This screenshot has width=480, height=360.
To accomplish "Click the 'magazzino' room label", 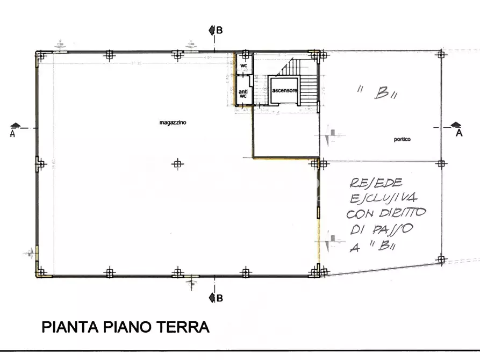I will point(173,123).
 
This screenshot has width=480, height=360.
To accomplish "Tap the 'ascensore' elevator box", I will point(284,90).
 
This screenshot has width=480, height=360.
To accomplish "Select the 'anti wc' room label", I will point(243,93).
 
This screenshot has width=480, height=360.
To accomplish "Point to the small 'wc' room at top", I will point(243,66).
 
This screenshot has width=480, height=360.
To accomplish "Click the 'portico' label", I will point(402,139).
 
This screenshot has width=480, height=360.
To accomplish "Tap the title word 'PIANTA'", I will point(68,327).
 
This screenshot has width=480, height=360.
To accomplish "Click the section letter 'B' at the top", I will point(219,30).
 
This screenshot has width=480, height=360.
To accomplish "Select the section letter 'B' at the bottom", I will point(219,298).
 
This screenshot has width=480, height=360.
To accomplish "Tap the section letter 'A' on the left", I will point(12,134).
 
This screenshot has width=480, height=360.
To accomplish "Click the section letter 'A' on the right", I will point(458,133).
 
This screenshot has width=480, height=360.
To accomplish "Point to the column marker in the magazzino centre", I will point(178,164).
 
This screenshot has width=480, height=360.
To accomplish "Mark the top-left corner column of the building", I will point(41,54).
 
